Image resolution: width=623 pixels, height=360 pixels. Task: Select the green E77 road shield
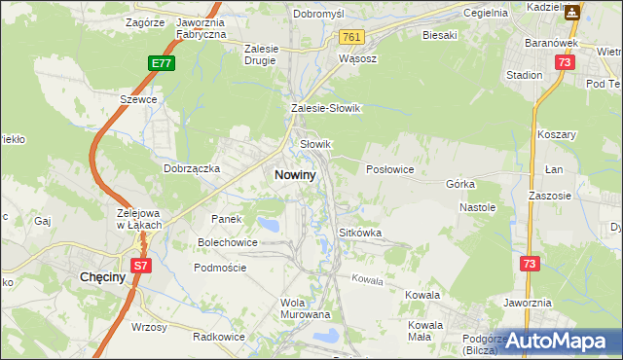162,63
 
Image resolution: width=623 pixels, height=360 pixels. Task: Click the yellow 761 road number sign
352,37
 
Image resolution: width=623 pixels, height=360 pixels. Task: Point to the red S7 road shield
141,265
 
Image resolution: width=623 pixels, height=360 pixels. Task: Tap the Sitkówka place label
359,234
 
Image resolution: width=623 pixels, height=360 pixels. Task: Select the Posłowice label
389,169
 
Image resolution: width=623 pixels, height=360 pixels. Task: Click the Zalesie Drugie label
261,54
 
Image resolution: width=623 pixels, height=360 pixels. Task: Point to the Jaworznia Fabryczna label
202,27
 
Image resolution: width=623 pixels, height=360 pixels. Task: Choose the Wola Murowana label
305,308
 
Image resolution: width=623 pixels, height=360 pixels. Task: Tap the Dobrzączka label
192,167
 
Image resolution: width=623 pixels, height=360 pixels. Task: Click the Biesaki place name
439,35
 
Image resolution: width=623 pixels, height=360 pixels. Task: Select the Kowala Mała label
426,331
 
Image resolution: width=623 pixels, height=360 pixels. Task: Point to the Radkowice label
217,336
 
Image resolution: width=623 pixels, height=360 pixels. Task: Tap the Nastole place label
478,207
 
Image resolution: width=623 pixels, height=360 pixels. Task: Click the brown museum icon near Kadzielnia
572,13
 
